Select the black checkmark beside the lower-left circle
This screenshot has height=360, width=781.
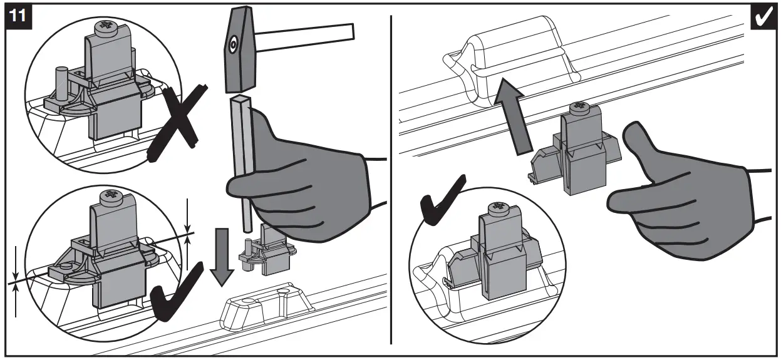pyautogui.click(x=175, y=294)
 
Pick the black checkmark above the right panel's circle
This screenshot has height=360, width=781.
pyautogui.click(x=442, y=200)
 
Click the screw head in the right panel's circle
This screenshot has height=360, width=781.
pyautogui.click(x=499, y=207)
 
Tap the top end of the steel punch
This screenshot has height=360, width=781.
pyautogui.click(x=241, y=100)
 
